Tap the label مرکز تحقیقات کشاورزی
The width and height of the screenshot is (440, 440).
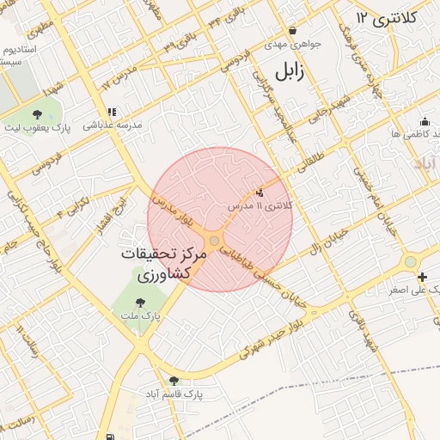coord(169,266)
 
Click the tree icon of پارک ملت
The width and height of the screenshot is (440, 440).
coord(140,302)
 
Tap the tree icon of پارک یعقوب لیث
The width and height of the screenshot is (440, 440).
coord(36,113)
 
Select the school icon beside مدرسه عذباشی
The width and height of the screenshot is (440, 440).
coord(111,112)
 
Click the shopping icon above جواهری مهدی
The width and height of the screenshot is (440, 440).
coord(292,30)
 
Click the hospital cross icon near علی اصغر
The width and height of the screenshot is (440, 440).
coord(422,277)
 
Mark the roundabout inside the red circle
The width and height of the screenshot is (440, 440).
coord(213,241)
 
